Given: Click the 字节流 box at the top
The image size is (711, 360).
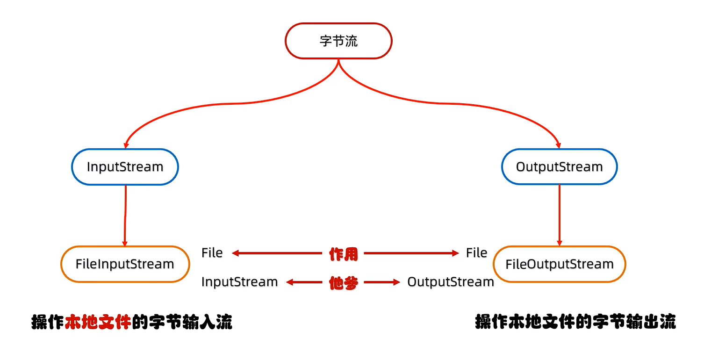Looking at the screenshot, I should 338,41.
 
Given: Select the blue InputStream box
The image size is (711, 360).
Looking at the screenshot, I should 125,167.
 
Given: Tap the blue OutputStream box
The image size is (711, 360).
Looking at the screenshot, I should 559,167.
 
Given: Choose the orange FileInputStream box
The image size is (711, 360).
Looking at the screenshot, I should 125,264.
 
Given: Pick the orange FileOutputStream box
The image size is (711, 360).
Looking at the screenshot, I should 559,264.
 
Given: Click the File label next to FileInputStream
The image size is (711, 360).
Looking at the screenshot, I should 212,253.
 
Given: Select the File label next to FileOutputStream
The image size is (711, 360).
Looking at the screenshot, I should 476,253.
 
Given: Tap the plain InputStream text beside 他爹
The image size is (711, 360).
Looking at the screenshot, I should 239,282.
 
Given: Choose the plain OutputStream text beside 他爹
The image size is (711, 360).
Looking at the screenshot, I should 450,282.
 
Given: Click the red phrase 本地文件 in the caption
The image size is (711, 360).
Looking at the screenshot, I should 97,323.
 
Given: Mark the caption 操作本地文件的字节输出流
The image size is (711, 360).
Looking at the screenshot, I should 575,322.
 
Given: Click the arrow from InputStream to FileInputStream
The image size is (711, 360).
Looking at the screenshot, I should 125,215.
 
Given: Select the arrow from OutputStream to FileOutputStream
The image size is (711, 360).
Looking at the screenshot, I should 560,215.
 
